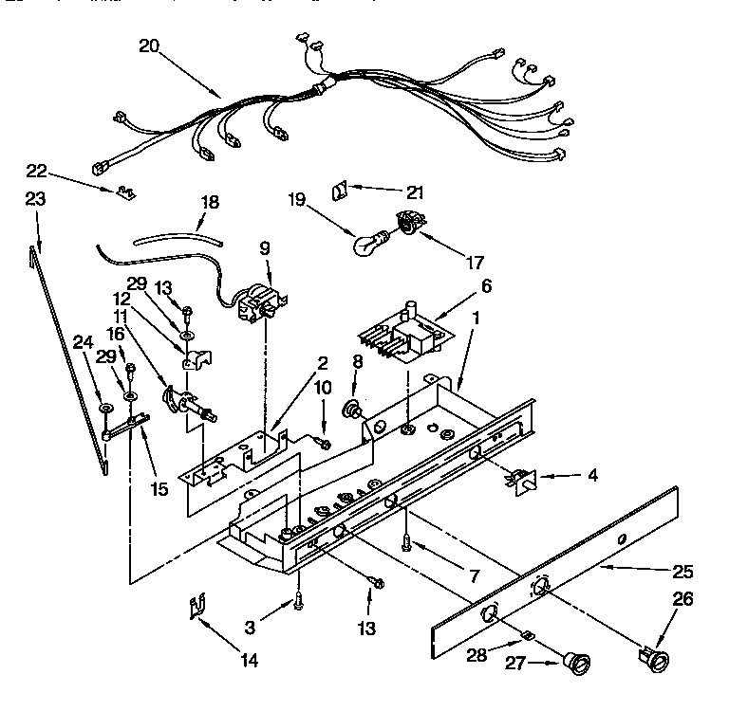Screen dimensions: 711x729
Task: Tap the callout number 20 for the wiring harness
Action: point(150,46)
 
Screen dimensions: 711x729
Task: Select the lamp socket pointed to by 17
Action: point(410,225)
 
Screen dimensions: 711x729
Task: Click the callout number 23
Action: point(34,200)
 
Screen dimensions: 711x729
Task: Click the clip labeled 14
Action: point(198,606)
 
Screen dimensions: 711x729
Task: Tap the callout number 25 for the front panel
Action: point(682,572)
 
